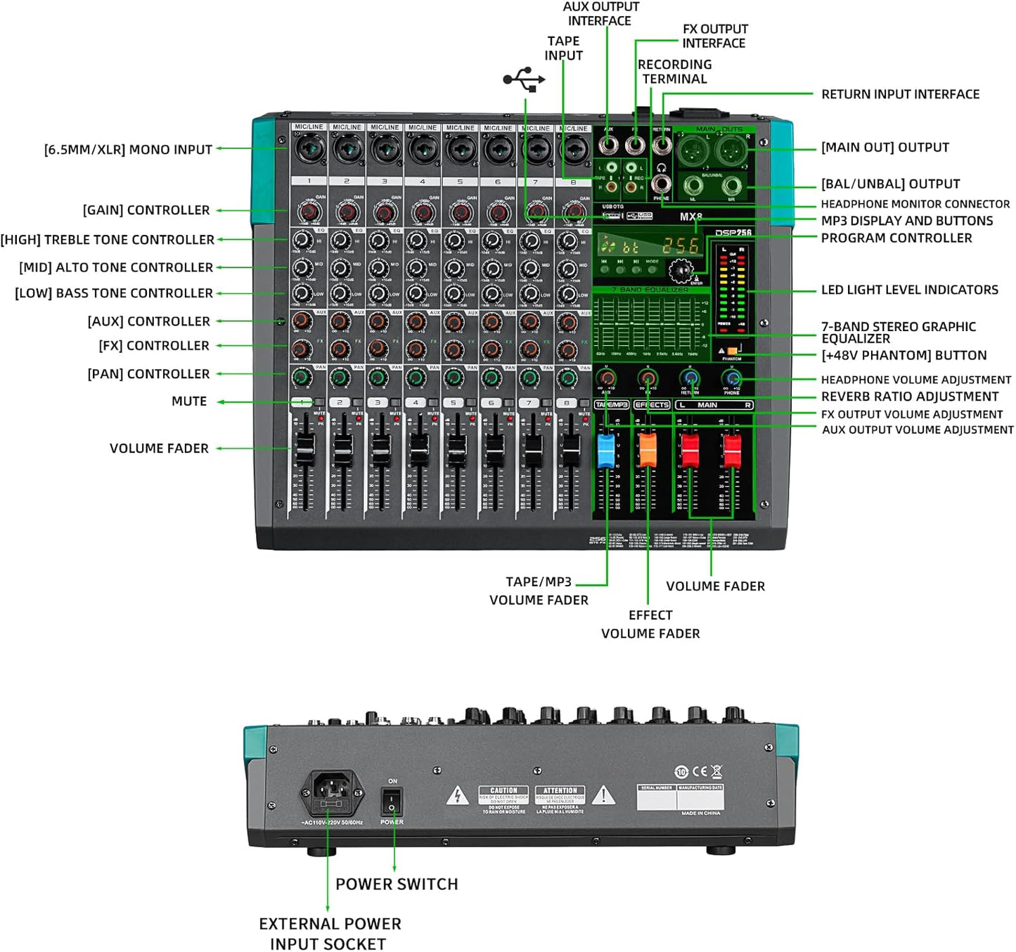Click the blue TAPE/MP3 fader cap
click(605, 451)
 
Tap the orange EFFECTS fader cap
click(647, 450)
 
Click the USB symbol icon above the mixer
click(525, 79)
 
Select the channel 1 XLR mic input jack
click(309, 148)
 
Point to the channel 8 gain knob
click(574, 212)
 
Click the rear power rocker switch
click(392, 801)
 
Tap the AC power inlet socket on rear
click(333, 792)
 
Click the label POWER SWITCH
click(397, 884)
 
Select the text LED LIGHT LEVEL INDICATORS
click(909, 290)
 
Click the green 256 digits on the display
click(681, 246)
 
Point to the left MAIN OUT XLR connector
click(692, 149)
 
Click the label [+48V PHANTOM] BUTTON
click(904, 355)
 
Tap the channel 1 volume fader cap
click(304, 447)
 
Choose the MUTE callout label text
click(189, 401)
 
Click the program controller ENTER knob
click(680, 271)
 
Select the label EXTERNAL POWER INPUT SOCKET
click(329, 934)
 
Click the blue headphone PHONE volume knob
click(732, 380)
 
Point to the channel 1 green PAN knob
click(302, 378)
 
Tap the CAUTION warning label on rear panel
click(503, 800)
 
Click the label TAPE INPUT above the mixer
click(563, 48)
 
